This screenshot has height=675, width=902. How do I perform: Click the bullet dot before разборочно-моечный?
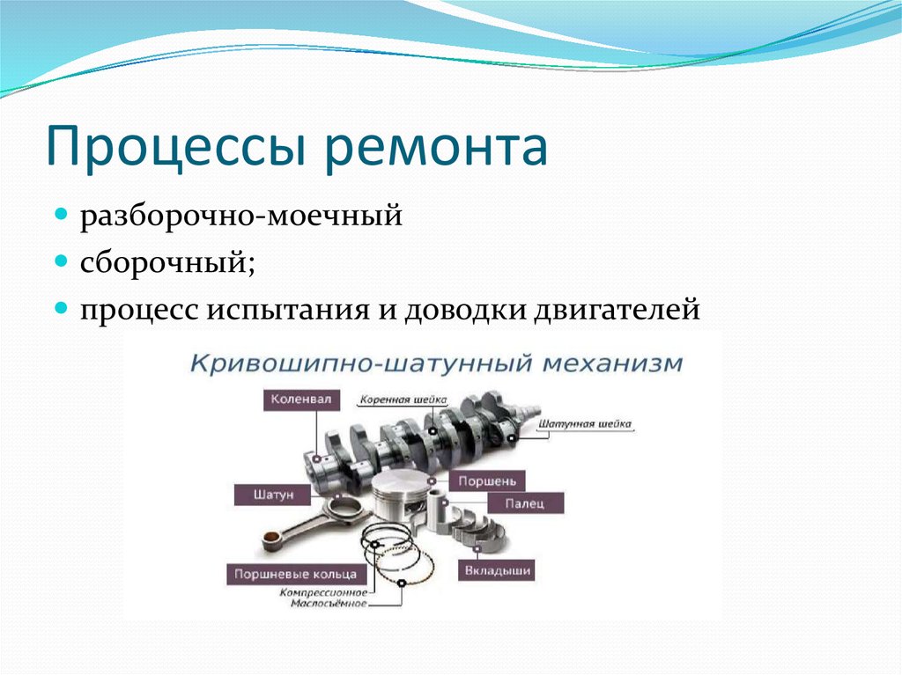click(x=62, y=215)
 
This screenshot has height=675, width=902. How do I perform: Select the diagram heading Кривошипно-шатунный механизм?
click(x=436, y=363)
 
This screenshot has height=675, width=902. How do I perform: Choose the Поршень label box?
click(x=487, y=481)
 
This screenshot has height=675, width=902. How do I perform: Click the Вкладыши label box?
click(x=497, y=571)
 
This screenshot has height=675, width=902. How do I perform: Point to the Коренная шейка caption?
click(x=402, y=400)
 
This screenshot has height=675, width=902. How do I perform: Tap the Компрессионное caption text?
click(x=325, y=593)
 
